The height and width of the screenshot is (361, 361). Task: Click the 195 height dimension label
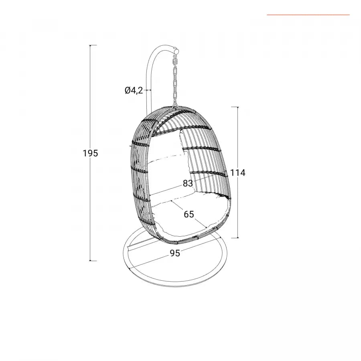click(91, 153)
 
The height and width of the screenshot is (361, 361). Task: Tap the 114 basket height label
click(238, 172)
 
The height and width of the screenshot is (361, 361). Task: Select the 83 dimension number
click(188, 183)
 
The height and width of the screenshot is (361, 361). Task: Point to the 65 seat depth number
click(189, 214)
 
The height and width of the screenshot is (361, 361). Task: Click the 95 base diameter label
click(175, 253)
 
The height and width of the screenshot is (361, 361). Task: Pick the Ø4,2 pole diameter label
click(134, 90)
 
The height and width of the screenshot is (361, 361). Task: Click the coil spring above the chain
click(175, 62)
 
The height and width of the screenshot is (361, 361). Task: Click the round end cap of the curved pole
click(176, 51)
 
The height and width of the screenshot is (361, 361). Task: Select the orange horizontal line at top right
click(308, 15)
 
